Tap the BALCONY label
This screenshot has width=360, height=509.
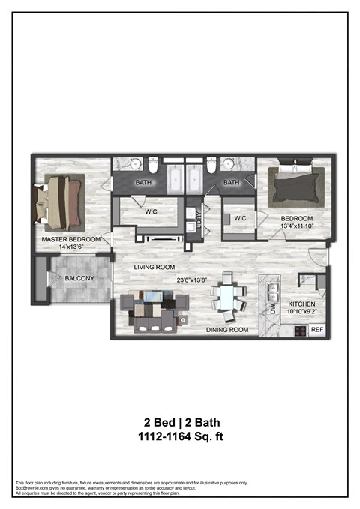(x=79, y=278)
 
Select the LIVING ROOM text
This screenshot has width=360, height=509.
(x=154, y=267)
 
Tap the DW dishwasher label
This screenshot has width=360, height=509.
(x=263, y=307)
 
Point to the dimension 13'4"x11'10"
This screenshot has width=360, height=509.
(x=296, y=225)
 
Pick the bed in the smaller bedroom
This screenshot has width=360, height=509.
(x=298, y=183)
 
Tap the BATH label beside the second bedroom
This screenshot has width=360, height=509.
(x=231, y=182)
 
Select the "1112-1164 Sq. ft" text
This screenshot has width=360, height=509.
(x=181, y=436)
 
